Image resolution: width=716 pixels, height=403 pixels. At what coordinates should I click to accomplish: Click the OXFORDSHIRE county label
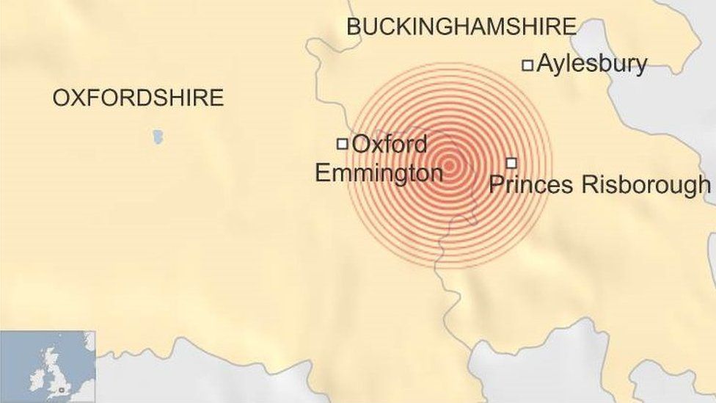click(138, 98)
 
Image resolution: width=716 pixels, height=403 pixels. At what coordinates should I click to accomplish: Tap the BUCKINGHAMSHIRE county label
click(461, 27)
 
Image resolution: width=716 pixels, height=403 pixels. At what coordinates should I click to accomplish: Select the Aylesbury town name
click(591, 65)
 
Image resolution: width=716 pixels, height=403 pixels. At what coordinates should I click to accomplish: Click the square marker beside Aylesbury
click(527, 65)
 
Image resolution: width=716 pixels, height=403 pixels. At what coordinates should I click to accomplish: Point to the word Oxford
click(389, 144)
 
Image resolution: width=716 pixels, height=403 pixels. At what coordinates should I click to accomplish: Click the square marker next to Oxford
click(342, 144)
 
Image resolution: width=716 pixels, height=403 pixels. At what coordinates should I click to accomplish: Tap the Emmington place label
click(379, 173)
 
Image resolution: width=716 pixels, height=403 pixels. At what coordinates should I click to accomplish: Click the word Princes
click(531, 184)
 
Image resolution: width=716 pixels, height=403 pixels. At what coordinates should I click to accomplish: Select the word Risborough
click(646, 185)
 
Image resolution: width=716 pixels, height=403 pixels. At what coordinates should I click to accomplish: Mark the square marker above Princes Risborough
click(511, 163)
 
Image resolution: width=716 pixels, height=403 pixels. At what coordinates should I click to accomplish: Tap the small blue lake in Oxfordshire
click(158, 137)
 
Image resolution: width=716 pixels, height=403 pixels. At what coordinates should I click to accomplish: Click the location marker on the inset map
click(62, 389)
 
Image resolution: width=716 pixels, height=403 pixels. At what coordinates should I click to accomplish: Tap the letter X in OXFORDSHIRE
click(76, 98)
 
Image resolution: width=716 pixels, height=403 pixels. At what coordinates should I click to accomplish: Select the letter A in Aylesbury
click(544, 64)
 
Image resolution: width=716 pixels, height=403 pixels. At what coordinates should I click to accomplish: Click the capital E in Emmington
click(322, 173)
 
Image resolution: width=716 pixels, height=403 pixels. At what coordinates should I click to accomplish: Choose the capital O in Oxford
click(361, 144)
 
